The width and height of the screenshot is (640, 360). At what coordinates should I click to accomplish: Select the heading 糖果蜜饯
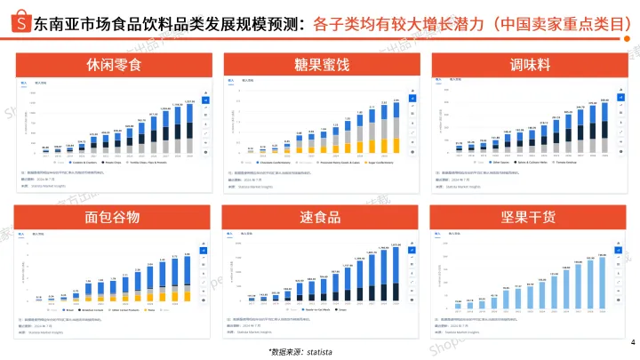point(320,66)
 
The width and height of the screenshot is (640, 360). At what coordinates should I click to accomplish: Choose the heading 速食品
point(320,217)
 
